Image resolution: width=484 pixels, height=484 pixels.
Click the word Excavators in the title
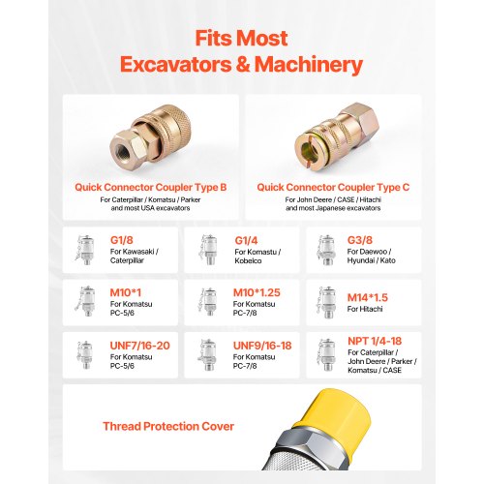(175, 64)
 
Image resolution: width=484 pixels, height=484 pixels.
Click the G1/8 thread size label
(122, 240)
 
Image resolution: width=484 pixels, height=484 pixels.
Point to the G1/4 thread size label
(246, 240)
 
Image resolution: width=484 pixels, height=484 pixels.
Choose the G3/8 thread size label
(360, 240)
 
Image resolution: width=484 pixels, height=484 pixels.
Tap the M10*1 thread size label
(126, 292)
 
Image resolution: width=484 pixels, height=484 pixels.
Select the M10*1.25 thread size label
(257, 292)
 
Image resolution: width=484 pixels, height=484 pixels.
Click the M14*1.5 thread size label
(368, 297)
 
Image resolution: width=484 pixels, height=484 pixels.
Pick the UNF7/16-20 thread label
(139, 346)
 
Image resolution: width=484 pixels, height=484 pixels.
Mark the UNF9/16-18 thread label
(262, 346)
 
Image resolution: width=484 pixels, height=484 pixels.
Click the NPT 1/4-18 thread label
(375, 341)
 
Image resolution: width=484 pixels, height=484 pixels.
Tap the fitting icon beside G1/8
(85, 250)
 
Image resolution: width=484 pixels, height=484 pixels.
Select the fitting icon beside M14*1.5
(326, 303)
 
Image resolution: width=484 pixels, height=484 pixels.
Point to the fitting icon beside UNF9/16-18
(207, 355)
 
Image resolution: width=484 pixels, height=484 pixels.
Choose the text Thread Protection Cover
(168, 426)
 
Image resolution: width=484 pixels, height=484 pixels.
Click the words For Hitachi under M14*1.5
(365, 309)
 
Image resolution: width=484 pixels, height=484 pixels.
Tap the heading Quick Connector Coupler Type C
(333, 187)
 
